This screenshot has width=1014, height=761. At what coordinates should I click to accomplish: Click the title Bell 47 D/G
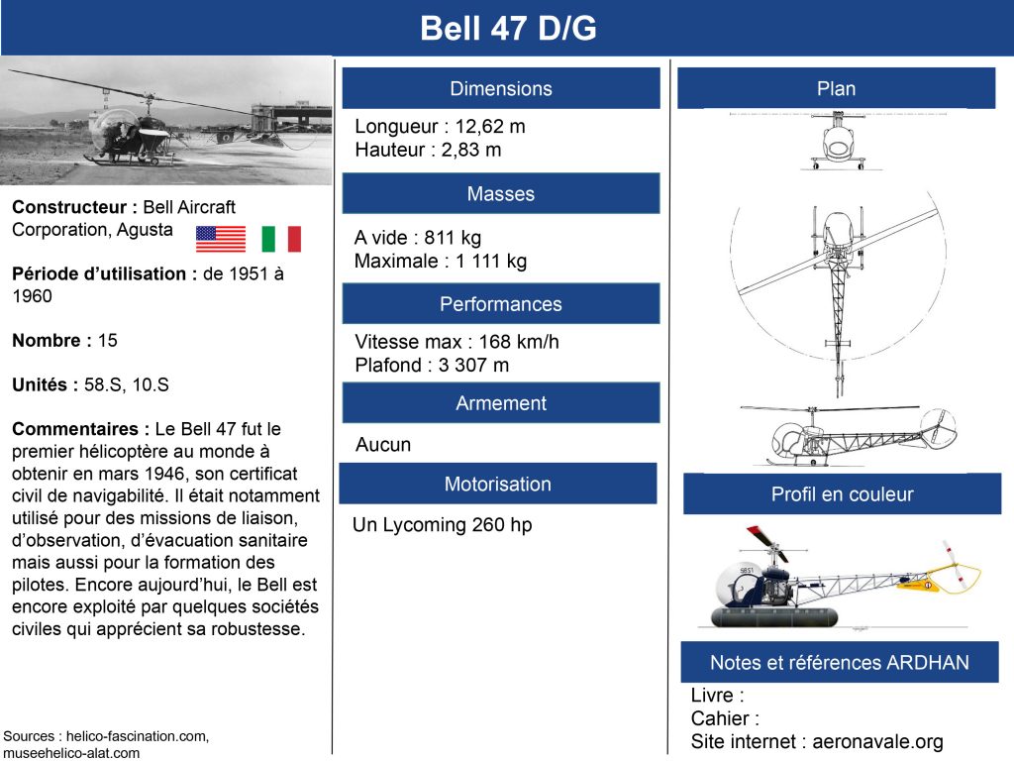tap(508, 29)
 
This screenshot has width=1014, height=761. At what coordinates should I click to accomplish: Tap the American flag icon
tap(221, 239)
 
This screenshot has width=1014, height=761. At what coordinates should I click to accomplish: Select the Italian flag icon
tap(281, 239)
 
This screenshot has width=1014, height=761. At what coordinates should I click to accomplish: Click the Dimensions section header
tap(501, 88)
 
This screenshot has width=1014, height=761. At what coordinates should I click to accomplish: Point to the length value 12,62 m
tap(490, 126)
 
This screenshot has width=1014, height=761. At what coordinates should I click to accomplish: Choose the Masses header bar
tap(501, 193)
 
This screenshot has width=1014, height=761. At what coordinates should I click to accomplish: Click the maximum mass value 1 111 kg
tap(491, 261)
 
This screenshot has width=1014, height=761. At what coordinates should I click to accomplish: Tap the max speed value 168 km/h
tap(519, 342)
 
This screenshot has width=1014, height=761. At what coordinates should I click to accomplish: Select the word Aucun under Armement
tap(383, 445)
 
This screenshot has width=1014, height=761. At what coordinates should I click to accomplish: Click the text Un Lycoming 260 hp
tap(443, 525)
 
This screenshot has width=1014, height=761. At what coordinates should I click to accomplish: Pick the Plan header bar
tap(836, 88)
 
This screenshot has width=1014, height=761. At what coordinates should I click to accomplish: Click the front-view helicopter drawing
tap(838, 142)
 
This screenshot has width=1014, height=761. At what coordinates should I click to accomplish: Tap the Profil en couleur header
tap(842, 494)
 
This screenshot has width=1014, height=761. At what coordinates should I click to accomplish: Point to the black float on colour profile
tap(774, 617)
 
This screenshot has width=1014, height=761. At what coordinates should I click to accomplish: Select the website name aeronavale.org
tap(877, 741)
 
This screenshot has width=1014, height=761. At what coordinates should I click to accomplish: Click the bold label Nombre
tap(47, 341)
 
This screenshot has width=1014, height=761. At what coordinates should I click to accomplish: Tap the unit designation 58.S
tap(103, 385)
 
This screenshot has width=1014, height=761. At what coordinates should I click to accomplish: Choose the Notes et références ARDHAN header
tap(840, 662)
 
